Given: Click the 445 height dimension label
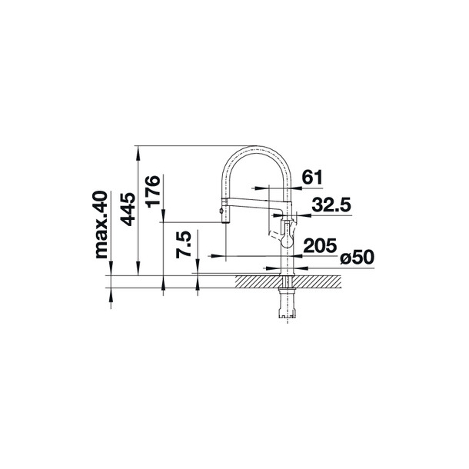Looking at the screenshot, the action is pyautogui.click(x=127, y=209).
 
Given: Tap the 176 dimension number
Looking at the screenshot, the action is pyautogui.click(x=152, y=191).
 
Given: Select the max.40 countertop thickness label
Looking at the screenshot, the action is pyautogui.click(x=101, y=225).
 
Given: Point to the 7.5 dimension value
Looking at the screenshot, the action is pyautogui.click(x=183, y=244).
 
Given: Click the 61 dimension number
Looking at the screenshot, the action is pyautogui.click(x=312, y=177).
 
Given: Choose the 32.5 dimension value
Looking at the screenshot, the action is pyautogui.click(x=331, y=205).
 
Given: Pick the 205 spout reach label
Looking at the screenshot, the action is pyautogui.click(x=320, y=245).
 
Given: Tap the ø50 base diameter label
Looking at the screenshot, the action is pyautogui.click(x=358, y=257).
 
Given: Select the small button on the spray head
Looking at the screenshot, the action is pyautogui.click(x=221, y=211).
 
